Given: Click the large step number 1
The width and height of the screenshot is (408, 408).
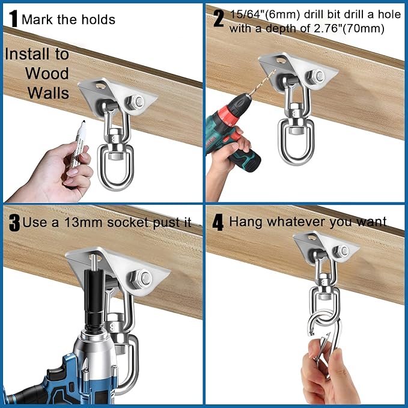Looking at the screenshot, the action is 13,19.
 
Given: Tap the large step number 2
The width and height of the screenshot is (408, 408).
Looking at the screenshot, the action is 219,18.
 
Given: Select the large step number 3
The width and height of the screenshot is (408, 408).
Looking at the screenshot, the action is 14,223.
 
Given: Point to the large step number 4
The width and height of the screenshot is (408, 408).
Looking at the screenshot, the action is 218,222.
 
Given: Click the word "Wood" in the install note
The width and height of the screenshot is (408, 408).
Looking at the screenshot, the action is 47,74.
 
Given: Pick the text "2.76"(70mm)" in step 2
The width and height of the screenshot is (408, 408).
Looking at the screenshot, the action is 349,28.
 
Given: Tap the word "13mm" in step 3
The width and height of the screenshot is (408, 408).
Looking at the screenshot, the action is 83,222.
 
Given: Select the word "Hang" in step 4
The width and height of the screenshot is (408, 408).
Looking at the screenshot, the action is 246,222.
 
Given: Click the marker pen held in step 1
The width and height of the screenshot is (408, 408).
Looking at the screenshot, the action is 78,144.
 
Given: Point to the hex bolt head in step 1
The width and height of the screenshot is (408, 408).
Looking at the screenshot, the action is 136,102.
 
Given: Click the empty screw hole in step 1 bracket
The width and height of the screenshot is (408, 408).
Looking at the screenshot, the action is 100,85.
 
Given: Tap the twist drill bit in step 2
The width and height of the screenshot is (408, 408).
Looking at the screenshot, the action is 262,83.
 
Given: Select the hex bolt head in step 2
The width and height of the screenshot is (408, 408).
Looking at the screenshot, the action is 316,76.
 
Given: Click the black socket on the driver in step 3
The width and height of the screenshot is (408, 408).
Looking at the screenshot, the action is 94,300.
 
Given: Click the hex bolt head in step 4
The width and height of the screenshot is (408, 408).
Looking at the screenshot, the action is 341,251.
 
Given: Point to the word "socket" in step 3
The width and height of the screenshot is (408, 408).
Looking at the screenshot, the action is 128,222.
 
